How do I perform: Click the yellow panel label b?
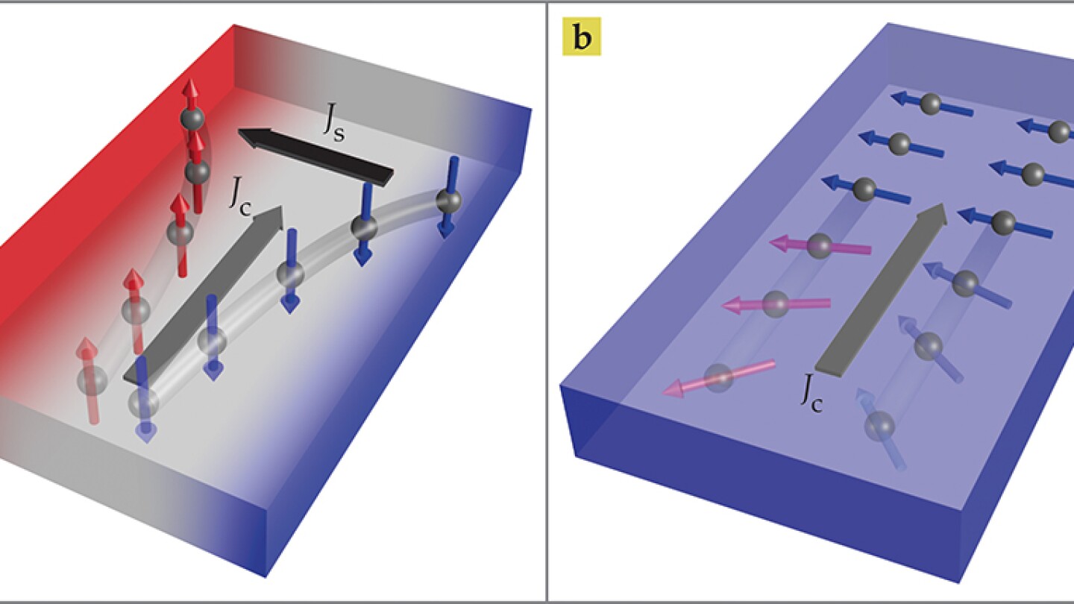tap(581, 38)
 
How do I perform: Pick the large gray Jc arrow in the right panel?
tap(880, 291)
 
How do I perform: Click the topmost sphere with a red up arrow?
tap(192, 117)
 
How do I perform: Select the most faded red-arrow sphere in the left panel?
tap(92, 380)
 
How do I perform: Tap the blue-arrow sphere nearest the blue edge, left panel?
tap(448, 199)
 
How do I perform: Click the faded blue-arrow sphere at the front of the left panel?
tap(143, 403)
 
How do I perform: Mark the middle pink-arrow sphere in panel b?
tap(776, 303)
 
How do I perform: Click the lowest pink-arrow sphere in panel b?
tap(718, 377)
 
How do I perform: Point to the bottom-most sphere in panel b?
tap(879, 426)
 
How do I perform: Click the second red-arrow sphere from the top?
tap(197, 172)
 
